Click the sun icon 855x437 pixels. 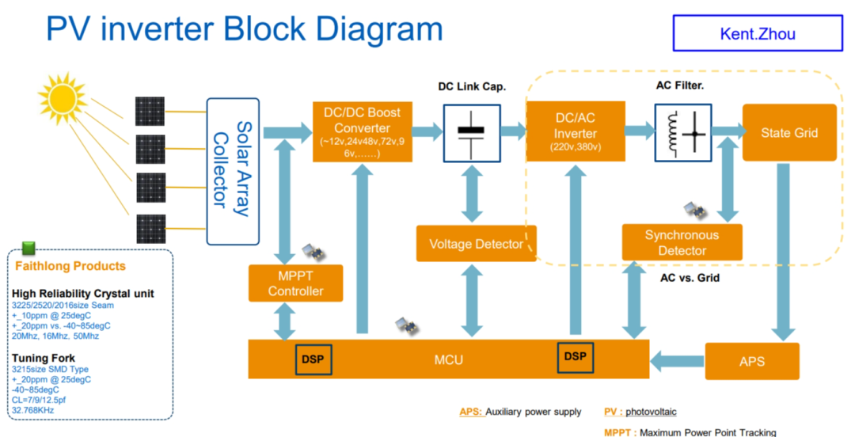63,98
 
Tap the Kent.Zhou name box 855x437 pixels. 758,33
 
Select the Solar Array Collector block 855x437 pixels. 233,171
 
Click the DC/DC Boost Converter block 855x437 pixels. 362,131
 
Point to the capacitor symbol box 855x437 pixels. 472,134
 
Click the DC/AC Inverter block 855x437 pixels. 576,131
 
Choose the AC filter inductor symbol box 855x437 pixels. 682,133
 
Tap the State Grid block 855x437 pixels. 789,132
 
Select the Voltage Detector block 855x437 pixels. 476,243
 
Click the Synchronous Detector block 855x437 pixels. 682,242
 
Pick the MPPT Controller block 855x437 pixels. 295,283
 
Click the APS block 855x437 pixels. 752,361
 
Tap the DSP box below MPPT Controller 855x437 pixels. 313,359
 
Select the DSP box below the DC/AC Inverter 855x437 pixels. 575,357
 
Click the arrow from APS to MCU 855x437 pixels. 677,361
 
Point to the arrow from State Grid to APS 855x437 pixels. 783,252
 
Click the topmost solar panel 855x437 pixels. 150,112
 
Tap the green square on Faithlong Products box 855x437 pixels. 28,249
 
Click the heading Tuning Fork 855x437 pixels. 43,359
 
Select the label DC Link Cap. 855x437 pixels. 472,87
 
